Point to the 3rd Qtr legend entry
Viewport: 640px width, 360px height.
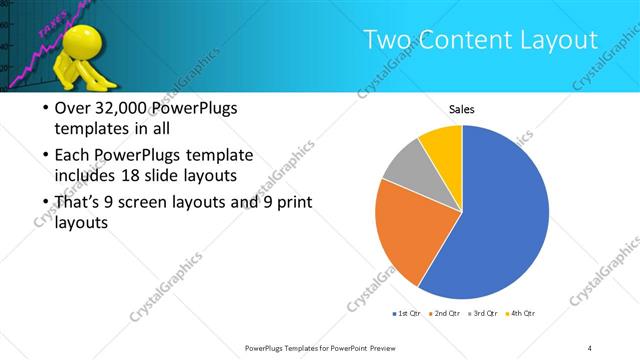[483, 314]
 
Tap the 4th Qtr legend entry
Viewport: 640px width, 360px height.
[521, 314]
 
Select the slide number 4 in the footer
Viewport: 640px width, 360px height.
[590, 347]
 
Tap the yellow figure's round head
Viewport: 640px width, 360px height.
[79, 40]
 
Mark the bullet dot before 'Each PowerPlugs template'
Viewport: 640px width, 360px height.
[45, 156]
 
